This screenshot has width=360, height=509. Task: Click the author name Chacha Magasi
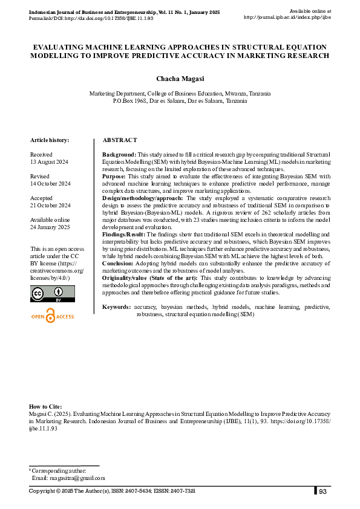180,79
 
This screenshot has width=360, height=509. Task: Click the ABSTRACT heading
120,140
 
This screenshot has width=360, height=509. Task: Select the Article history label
50,140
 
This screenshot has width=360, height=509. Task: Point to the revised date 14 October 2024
51,183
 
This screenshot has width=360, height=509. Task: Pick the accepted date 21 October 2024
51,206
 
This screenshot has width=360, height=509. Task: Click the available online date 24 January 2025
51,227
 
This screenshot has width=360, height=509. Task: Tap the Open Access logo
52,316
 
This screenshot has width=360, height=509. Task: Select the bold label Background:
119,155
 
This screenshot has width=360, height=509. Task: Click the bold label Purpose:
114,177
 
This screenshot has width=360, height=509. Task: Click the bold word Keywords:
117,307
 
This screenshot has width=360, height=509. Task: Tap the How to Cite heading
45,407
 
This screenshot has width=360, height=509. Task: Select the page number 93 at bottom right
323,491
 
